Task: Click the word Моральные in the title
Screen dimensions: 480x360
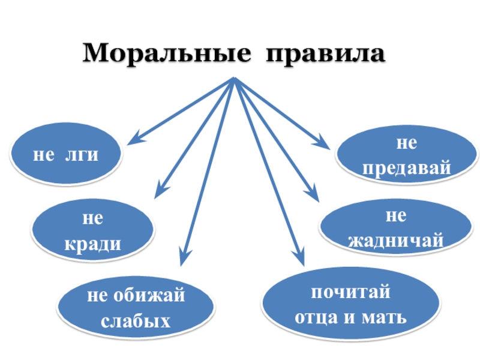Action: (x=166, y=54)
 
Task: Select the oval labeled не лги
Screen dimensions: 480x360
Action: (x=66, y=155)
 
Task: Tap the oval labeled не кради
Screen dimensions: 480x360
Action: (x=92, y=231)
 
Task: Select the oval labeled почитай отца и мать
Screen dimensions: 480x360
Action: (x=350, y=305)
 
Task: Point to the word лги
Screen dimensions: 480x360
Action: (x=81, y=155)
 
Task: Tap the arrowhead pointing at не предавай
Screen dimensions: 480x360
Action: (x=323, y=144)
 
